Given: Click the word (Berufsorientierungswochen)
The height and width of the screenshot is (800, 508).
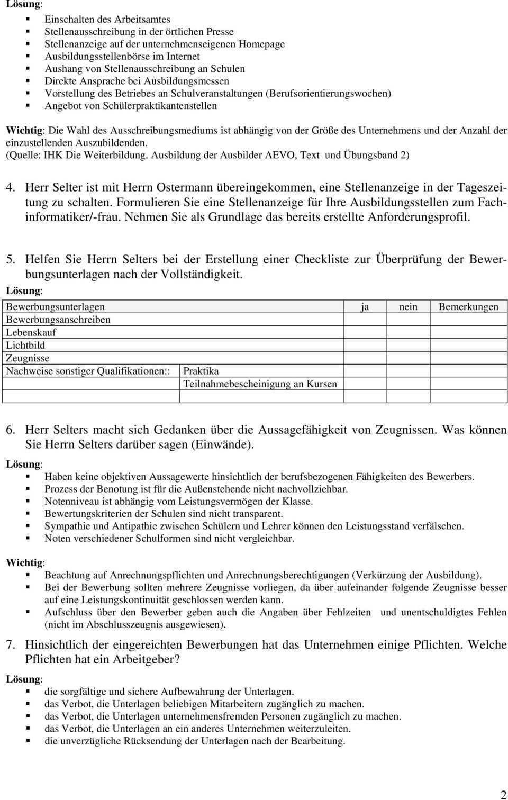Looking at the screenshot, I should [330, 93].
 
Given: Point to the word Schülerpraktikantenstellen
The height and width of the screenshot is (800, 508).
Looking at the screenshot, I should [159, 106].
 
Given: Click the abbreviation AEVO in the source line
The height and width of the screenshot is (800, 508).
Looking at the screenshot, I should [281, 155].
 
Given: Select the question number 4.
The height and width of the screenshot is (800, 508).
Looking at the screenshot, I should [11, 187].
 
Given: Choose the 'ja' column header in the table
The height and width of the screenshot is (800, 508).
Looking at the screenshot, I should [365, 307].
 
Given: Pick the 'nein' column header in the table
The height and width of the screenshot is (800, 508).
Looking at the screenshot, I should [408, 307].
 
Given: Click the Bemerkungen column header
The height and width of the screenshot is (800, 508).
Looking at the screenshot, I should [468, 307].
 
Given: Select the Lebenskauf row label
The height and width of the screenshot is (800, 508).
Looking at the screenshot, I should [31, 332].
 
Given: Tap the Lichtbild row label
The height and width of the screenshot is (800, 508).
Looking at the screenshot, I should [25, 345].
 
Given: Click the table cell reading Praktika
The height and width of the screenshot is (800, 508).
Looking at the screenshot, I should [201, 371].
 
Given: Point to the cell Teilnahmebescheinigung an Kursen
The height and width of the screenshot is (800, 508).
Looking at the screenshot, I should [260, 384].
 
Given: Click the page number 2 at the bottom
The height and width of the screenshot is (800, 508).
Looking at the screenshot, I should [503, 794].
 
